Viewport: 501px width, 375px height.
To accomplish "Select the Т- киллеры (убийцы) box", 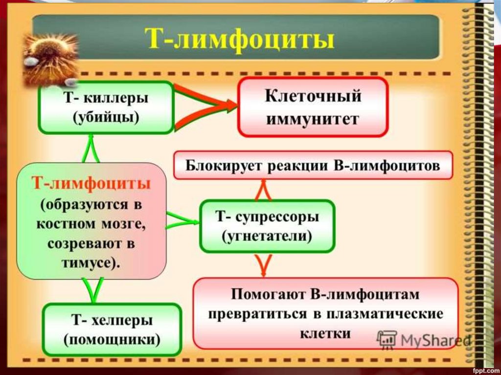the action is (x=106, y=108).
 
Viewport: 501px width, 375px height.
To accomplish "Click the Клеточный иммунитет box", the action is (x=313, y=107).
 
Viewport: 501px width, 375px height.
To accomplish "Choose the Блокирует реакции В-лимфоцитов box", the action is (x=313, y=165).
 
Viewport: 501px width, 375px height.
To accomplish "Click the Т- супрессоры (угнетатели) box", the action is (x=267, y=226).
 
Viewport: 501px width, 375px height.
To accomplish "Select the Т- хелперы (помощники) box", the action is (x=112, y=330).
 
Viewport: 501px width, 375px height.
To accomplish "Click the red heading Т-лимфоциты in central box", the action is (x=91, y=184).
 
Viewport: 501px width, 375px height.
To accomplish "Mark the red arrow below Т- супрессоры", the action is (x=264, y=265).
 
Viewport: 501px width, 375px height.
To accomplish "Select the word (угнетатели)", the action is (x=267, y=236).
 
